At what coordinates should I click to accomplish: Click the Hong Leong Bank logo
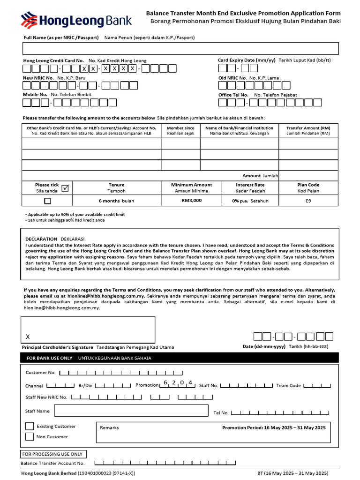point(76,21)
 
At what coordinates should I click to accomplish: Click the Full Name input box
point(180,48)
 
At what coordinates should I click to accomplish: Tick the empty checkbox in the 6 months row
point(47,201)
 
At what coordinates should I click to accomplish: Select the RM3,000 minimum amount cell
point(191,200)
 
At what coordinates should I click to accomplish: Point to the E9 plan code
point(307,200)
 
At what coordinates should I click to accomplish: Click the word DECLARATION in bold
point(41,239)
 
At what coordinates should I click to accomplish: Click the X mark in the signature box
point(28,337)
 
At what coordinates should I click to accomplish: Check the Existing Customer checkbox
point(30,427)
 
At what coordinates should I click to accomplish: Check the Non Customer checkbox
point(30,437)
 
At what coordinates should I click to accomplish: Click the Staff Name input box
point(131,411)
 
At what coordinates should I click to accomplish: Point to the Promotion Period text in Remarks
point(273,427)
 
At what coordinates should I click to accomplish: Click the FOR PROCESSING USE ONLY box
point(53,454)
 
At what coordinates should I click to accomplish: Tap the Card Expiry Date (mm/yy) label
point(247,60)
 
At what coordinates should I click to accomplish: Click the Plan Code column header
point(308,185)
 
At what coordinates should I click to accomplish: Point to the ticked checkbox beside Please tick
point(65,188)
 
